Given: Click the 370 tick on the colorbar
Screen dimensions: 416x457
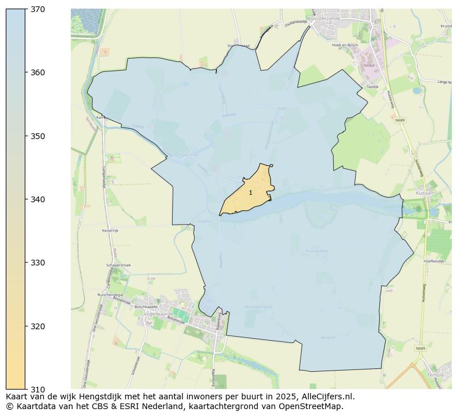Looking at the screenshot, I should pyautogui.click(x=37, y=9).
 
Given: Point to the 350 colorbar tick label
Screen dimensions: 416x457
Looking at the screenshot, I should pyautogui.click(x=37, y=136).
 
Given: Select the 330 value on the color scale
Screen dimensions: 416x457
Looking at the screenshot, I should pyautogui.click(x=37, y=263).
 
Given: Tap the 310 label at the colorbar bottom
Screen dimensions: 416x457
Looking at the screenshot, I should pyautogui.click(x=37, y=389).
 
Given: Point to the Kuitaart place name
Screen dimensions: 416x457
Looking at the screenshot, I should pyautogui.click(x=424, y=194).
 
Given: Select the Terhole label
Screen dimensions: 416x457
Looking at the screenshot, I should pyautogui.click(x=436, y=375).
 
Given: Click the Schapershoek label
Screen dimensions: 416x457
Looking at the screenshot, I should pyautogui.click(x=119, y=265).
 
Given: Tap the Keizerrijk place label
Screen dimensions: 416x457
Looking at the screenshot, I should pyautogui.click(x=109, y=230).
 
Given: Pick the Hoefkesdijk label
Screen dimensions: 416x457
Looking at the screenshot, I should pyautogui.click(x=435, y=261).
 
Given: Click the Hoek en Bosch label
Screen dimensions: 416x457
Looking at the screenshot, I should pyautogui.click(x=345, y=45).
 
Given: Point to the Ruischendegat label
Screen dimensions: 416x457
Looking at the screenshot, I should pyautogui.click(x=111, y=294).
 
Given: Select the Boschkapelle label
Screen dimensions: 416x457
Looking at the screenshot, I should pyautogui.click(x=146, y=306).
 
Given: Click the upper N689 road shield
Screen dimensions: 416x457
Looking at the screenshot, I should pyautogui.click(x=401, y=120).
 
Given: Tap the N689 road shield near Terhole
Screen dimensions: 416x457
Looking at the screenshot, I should pyautogui.click(x=405, y=348).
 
